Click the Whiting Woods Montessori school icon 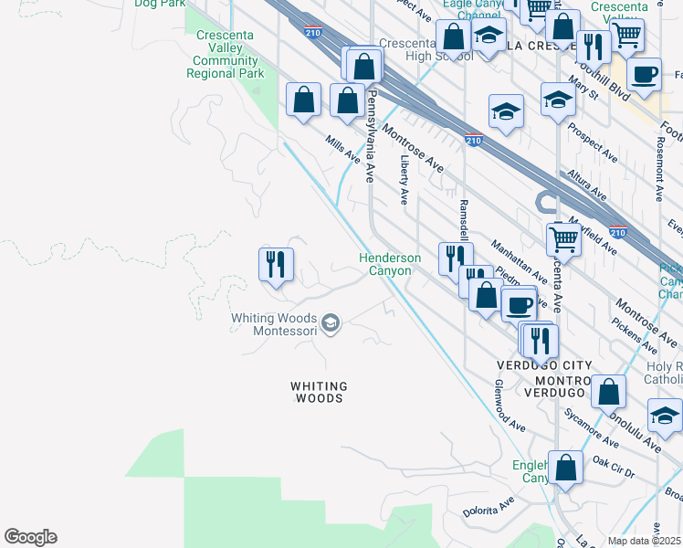(331, 322)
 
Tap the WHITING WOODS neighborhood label (318, 392)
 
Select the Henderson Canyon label (390, 264)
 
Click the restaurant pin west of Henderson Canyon (276, 265)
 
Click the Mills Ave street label (344, 149)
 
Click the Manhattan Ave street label (519, 261)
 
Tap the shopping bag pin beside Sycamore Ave (608, 390)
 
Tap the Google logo (31, 537)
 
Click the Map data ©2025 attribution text (645, 541)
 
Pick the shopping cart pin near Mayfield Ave (564, 239)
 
